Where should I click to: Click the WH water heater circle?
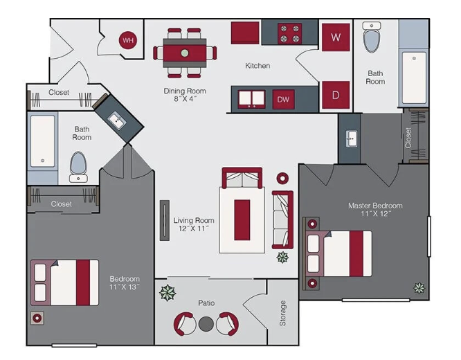(x=128, y=40)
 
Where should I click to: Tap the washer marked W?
(x=336, y=37)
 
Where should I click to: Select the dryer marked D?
(x=336, y=95)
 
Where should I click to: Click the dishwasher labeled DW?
(x=283, y=100)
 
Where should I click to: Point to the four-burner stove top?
(x=290, y=33)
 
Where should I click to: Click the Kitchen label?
(x=257, y=66)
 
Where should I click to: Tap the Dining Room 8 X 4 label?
(x=185, y=95)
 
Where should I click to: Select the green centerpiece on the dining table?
(x=185, y=53)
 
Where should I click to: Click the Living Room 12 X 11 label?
(x=194, y=224)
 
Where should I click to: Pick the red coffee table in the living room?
(x=242, y=220)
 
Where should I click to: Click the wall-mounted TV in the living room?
(x=165, y=221)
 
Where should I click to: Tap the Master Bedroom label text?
(x=375, y=206)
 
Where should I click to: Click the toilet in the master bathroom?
(x=372, y=37)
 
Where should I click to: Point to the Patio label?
(x=206, y=303)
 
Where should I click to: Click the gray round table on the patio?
(x=206, y=324)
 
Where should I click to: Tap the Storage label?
(x=282, y=313)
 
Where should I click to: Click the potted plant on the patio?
(x=168, y=293)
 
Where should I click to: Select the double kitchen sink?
(x=251, y=99)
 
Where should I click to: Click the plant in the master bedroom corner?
(x=419, y=288)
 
